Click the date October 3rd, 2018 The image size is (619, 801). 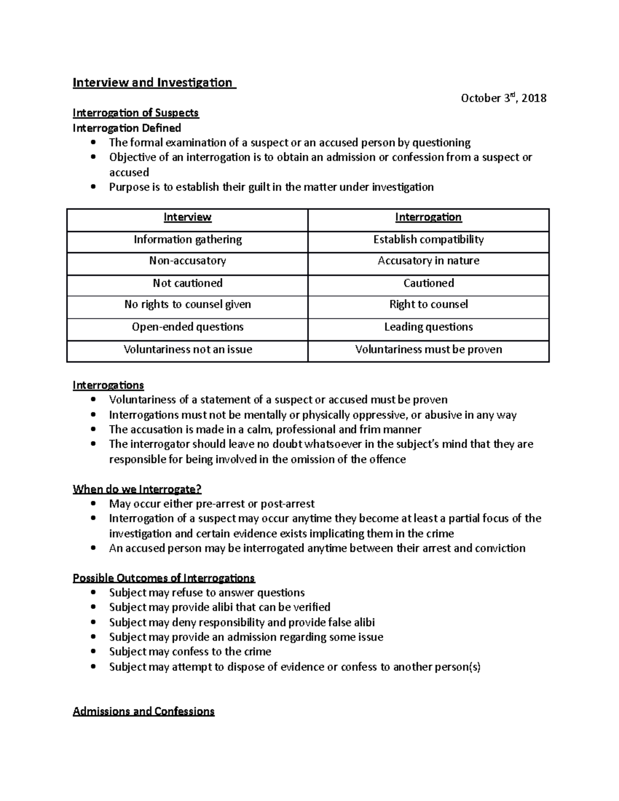coord(503,98)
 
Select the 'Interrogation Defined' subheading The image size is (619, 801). coord(127,128)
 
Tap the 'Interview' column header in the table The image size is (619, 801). coord(187,217)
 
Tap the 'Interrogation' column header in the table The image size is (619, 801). coord(428,217)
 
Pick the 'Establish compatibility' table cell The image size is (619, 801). coord(428,239)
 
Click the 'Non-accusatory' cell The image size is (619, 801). coord(187,261)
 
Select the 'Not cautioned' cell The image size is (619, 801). coord(187,283)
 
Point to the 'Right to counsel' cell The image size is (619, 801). coord(428,304)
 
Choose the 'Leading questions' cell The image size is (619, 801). coord(428,327)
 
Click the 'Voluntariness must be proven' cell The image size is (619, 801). coord(428,350)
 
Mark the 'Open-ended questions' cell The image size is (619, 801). coord(187,327)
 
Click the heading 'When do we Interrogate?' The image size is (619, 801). coord(137,489)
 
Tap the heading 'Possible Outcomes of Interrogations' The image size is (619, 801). coord(164,578)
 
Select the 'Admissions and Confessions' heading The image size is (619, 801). coord(143,712)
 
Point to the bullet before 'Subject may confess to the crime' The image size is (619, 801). coord(93,652)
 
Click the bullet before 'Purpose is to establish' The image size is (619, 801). coord(93,187)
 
